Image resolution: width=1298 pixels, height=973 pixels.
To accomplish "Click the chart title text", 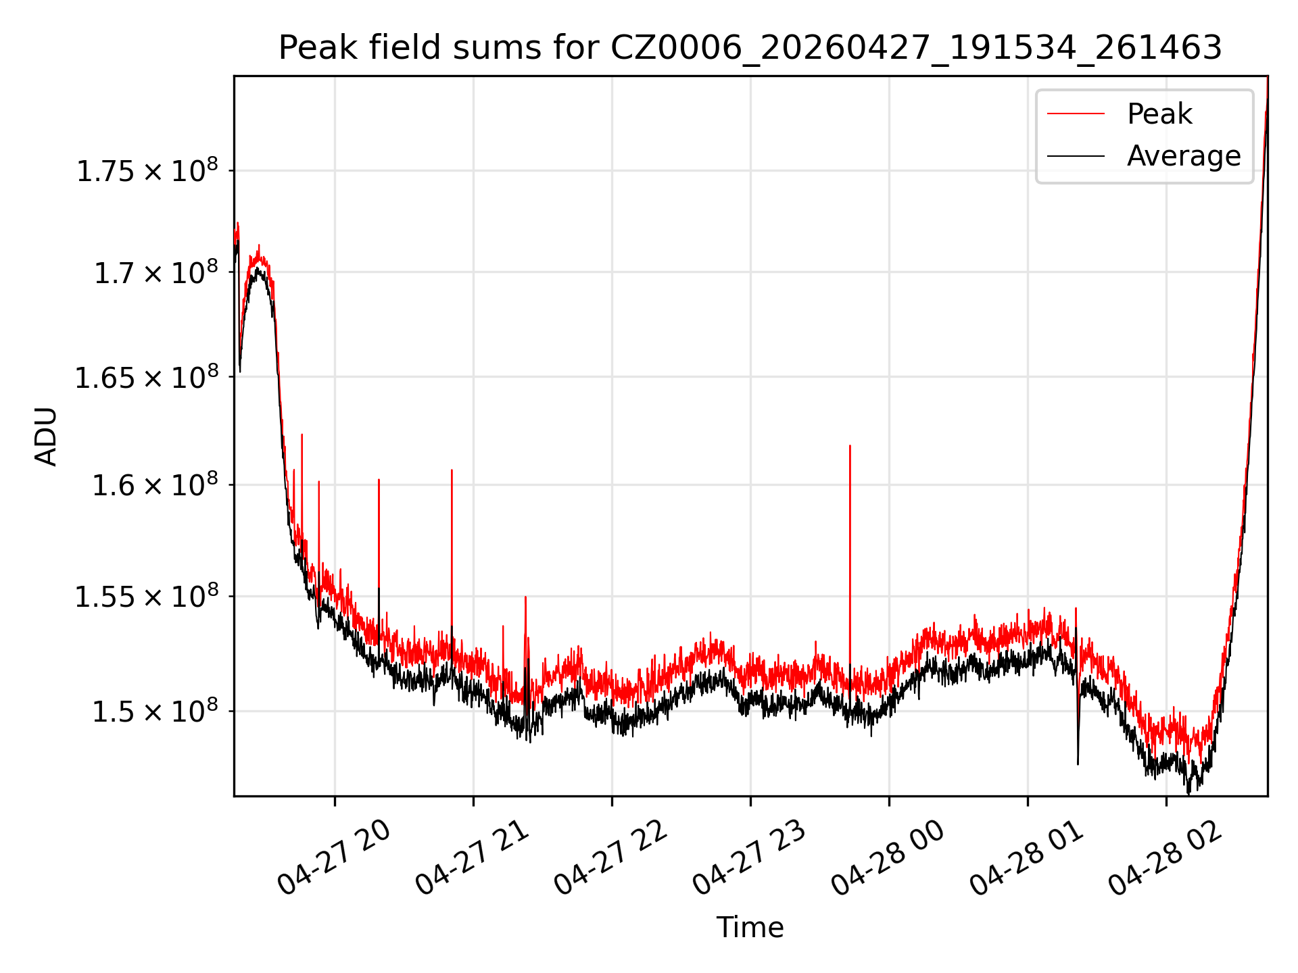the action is pyautogui.click(x=750, y=48).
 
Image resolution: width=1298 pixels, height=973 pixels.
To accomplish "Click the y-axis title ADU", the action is pyautogui.click(x=46, y=436).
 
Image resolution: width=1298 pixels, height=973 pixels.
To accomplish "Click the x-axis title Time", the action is pyautogui.click(x=750, y=927).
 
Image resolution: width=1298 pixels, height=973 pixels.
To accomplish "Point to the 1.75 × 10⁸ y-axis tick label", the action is pyautogui.click(x=147, y=170).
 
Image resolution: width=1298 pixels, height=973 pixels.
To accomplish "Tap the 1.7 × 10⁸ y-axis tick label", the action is pyautogui.click(x=156, y=272).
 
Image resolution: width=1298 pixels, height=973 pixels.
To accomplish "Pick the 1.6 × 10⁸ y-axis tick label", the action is pyautogui.click(x=156, y=484).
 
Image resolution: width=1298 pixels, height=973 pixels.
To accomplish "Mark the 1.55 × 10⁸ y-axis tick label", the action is pyautogui.click(x=147, y=596).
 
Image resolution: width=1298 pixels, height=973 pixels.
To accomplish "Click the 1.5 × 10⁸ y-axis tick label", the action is pyautogui.click(x=156, y=711).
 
